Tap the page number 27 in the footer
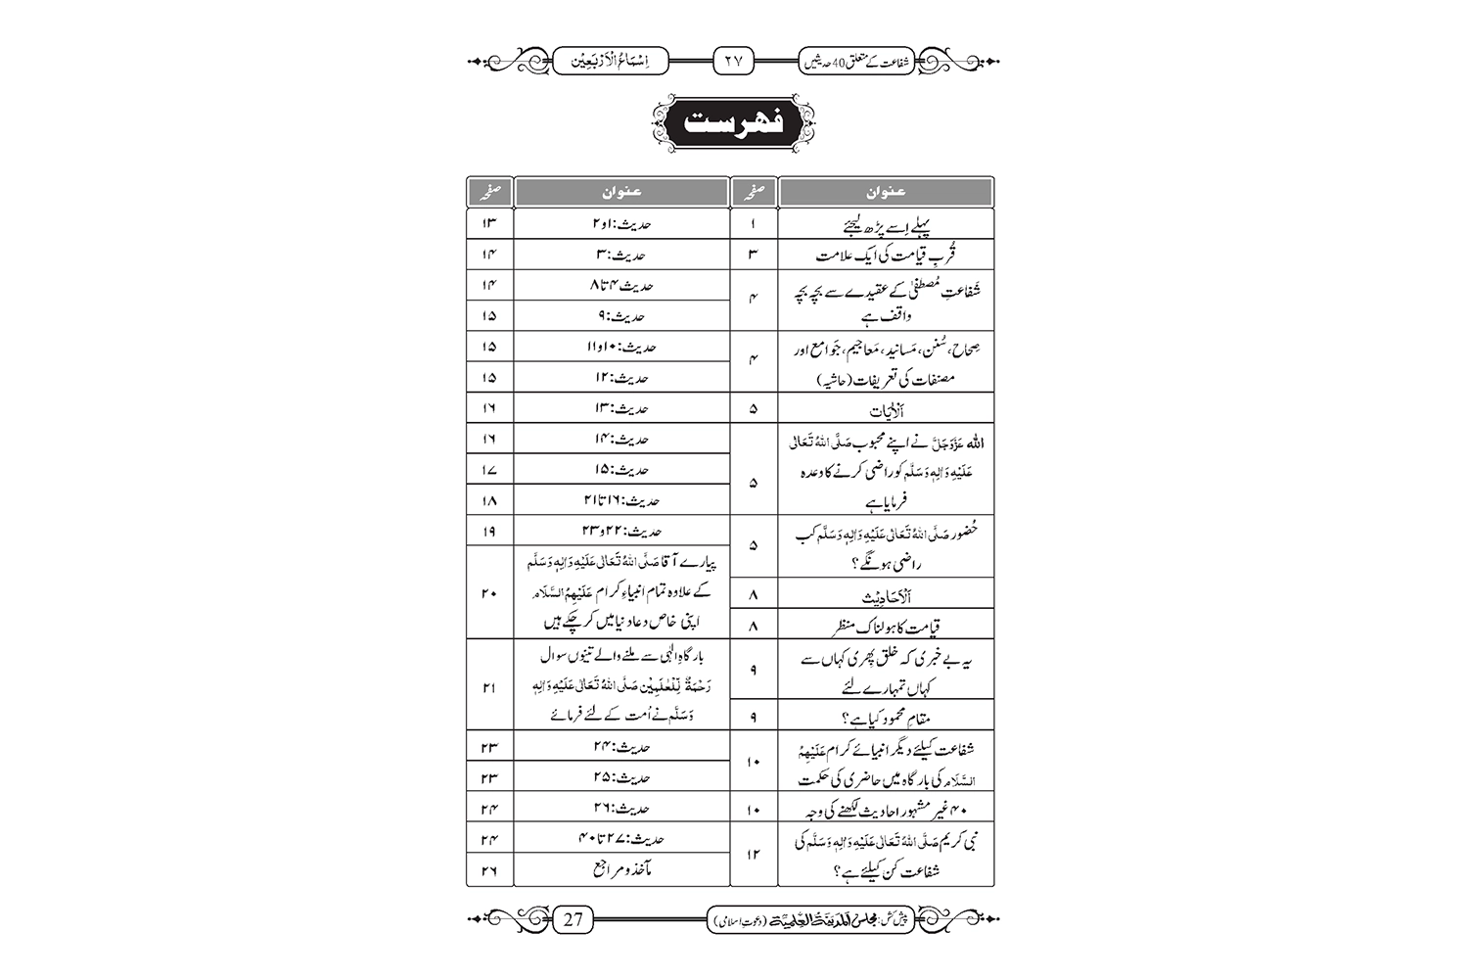[x=573, y=918]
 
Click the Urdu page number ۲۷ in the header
[x=733, y=61]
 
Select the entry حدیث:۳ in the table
[x=621, y=255]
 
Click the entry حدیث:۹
[x=621, y=316]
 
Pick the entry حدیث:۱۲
[x=621, y=377]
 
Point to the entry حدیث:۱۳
[x=621, y=408]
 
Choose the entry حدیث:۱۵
[x=621, y=469]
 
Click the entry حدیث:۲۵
[x=621, y=777]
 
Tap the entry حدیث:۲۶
[x=621, y=809]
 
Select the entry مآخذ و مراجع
[x=621, y=869]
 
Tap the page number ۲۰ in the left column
[x=489, y=592]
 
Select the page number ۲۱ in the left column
[x=489, y=687]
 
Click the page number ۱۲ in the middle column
[x=753, y=855]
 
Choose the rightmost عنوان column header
[x=886, y=192]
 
